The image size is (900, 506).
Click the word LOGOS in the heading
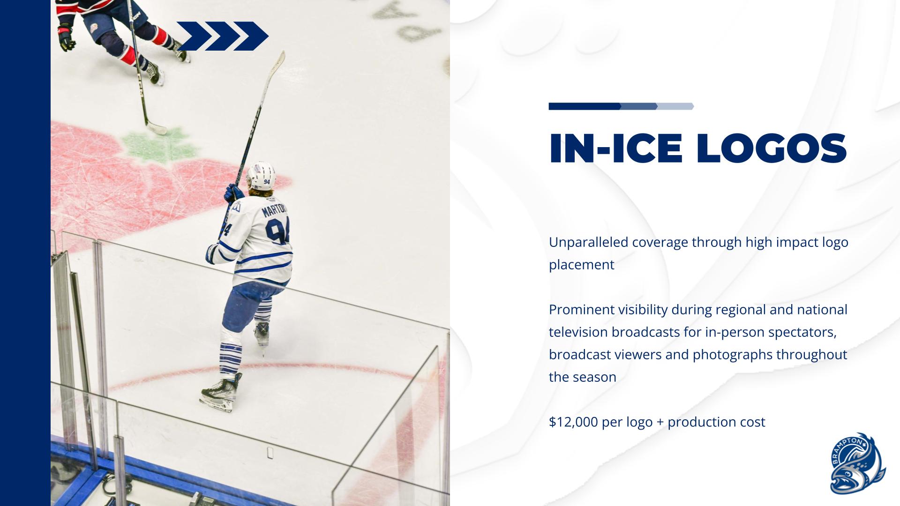pos(771,149)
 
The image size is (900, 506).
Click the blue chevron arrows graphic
pos(222,36)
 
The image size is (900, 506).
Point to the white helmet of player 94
pos(261,176)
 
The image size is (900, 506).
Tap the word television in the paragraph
pos(578,332)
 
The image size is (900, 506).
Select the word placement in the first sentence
pos(581,265)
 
